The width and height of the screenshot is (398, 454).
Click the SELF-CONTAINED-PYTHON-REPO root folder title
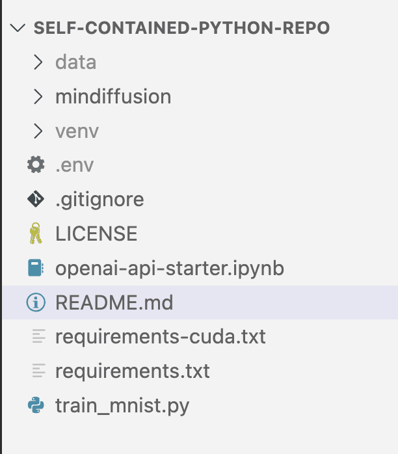coord(182,28)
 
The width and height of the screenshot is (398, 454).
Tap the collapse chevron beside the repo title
coord(18,28)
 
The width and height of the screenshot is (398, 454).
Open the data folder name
coord(76,62)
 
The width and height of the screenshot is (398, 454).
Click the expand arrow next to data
coord(38,62)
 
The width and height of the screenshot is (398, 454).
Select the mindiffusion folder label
coord(113,96)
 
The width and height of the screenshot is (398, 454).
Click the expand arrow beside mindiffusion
coord(38,96)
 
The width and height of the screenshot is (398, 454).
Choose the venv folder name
coord(77,131)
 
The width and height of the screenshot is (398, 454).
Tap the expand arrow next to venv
coord(38,131)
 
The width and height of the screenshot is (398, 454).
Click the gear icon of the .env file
coord(36,165)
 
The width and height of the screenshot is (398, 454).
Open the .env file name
coord(75,166)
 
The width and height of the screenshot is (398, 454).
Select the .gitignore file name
coord(99,200)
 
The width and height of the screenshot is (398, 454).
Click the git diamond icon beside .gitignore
coord(36,199)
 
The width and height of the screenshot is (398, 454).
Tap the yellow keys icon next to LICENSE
coord(36,233)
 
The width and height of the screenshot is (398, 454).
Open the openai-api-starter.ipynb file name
coord(170,269)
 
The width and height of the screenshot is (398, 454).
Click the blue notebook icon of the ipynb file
coord(36,267)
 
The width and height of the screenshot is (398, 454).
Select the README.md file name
coord(114,302)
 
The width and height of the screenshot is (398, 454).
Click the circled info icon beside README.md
coord(36,302)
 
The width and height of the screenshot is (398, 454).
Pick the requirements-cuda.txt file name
coord(161,337)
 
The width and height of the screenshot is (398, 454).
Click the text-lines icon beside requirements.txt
coord(39,370)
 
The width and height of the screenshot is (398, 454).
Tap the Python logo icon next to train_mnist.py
coord(36,405)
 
